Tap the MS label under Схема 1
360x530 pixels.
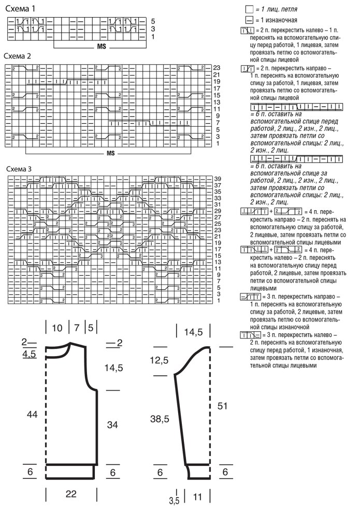[101, 47]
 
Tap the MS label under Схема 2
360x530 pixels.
[110, 154]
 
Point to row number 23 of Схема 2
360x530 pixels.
[217, 68]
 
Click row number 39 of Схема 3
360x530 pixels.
[218, 179]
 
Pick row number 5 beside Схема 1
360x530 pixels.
[153, 21]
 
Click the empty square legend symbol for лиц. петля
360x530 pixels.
[249, 9]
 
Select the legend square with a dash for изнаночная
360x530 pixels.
[249, 20]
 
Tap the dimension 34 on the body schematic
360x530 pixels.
[112, 424]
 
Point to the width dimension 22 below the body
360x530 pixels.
[71, 494]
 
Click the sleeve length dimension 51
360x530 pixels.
[223, 407]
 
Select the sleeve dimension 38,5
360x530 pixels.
[160, 419]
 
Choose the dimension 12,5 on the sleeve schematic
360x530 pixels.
[160, 360]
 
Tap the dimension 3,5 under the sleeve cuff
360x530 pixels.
[174, 500]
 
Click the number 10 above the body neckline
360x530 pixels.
[57, 328]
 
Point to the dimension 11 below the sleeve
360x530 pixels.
[197, 497]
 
